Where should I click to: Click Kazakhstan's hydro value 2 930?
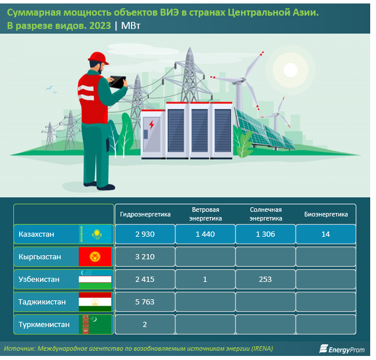click(x=145, y=234)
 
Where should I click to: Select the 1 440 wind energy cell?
click(x=205, y=234)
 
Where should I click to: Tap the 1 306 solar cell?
click(x=265, y=234)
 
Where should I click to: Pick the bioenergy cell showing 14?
click(x=326, y=234)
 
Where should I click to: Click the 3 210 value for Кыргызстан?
click(x=145, y=257)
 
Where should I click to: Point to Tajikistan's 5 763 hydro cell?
click(x=145, y=302)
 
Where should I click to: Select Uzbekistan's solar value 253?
click(x=265, y=280)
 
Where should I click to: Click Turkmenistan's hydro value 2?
click(x=145, y=324)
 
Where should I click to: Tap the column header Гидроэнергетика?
click(x=145, y=214)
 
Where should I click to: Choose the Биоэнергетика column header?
click(x=326, y=214)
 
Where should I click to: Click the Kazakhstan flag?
click(x=95, y=234)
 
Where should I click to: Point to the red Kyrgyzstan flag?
click(x=95, y=257)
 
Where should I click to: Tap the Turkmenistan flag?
click(x=95, y=324)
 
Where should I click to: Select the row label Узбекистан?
click(x=39, y=280)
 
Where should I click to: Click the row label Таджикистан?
click(x=42, y=302)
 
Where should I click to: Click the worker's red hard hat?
click(x=98, y=58)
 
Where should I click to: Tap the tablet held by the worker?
click(x=117, y=82)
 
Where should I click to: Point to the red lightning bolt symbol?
click(x=151, y=124)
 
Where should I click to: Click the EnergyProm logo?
click(x=342, y=349)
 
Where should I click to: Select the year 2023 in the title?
click(x=100, y=25)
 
